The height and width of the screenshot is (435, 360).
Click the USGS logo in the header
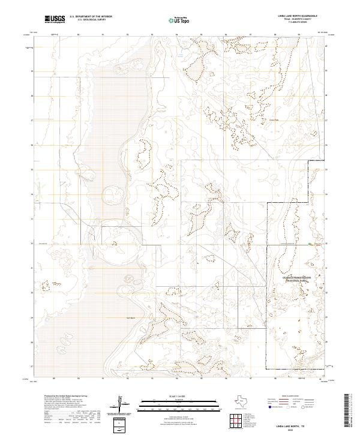pos(55,19)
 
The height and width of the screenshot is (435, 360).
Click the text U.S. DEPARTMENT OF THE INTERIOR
pos(91,17)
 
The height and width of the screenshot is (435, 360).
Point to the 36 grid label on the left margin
pos(32,145)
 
